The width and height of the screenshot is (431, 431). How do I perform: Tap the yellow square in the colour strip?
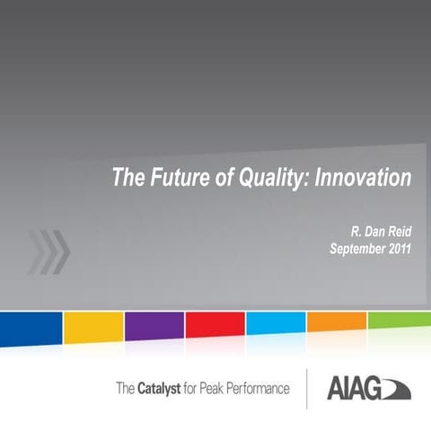92,328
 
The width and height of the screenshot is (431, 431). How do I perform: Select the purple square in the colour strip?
154,328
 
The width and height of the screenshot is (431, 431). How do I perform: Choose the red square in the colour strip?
215,328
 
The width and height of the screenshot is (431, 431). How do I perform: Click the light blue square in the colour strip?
276,328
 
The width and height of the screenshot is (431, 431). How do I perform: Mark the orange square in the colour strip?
337,328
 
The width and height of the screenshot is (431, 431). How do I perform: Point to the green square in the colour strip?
399,328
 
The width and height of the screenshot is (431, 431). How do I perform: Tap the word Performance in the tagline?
258,389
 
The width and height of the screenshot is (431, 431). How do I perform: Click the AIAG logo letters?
352,390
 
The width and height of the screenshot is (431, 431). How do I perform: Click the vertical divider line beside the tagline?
307,389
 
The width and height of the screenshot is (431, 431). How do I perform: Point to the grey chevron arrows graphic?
49,251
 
